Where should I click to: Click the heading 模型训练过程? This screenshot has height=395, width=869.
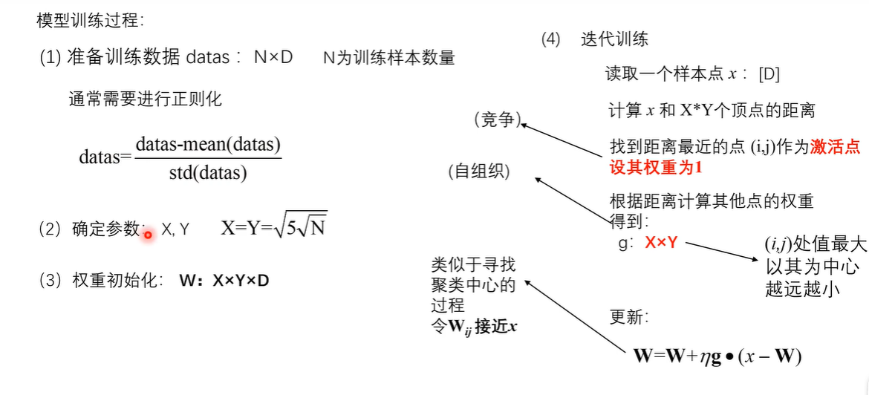88,20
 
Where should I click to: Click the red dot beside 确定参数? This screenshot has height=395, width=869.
148,235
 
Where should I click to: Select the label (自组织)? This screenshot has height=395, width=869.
479,172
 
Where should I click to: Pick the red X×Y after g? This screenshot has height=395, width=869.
661,243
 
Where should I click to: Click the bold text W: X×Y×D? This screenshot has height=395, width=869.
224,281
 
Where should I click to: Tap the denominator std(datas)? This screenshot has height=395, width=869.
207,175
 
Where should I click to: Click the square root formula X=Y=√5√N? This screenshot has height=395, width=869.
273,228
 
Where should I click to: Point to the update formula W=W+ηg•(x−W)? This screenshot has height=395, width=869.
717,356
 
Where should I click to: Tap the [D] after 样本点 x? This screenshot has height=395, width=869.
768,74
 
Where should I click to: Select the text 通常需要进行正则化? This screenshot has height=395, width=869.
146,99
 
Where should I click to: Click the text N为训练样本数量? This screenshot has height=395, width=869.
388,58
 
